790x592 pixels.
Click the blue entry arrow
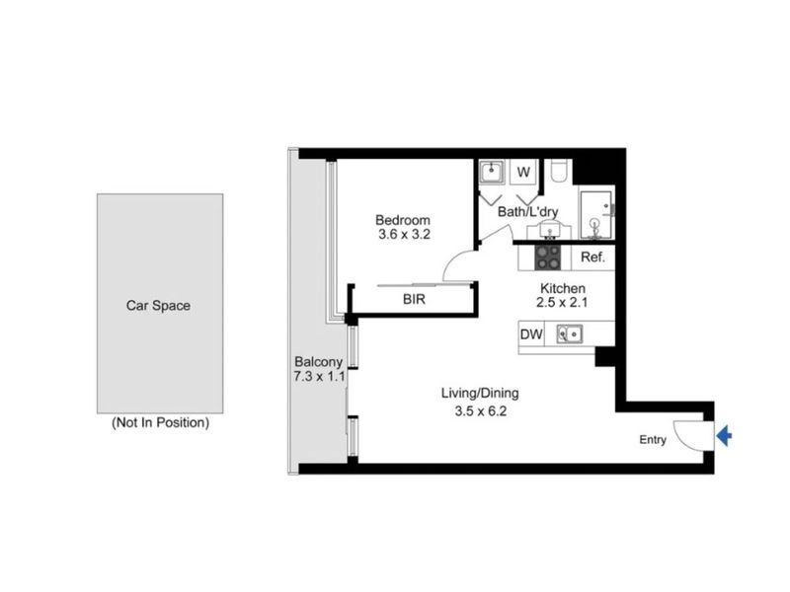pos(724,436)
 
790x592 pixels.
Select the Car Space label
pos(158,305)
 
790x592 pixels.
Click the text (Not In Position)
pos(160,423)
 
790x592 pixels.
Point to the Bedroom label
pos(403,219)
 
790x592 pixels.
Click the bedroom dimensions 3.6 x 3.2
pos(403,235)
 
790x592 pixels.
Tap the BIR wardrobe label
pos(414,299)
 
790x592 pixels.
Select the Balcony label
pos(318,361)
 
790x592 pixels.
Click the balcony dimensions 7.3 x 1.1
pos(318,377)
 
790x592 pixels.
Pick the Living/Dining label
pos(480,393)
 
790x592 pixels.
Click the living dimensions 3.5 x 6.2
pos(480,408)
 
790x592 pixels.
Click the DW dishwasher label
pos(531,335)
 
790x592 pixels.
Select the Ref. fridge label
pos(592,258)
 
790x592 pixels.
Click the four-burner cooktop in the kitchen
pos(549,258)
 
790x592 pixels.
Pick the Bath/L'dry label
pos(527,211)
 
